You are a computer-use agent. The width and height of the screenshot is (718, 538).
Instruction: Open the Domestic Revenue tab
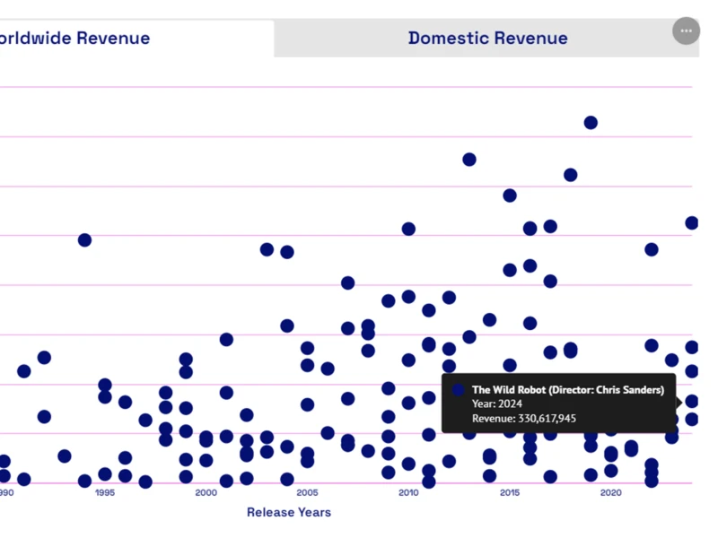click(487, 39)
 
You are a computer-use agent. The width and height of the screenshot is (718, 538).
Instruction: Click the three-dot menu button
click(686, 30)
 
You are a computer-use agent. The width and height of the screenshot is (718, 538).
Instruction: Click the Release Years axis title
click(289, 512)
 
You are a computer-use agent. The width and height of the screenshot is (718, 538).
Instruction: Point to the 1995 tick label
click(104, 492)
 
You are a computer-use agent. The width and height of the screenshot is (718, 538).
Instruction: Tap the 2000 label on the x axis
click(206, 492)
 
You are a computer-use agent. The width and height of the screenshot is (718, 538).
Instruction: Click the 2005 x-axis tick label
click(307, 492)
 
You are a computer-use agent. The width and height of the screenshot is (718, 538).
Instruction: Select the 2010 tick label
click(408, 492)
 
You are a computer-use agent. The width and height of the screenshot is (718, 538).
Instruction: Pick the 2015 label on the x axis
click(510, 492)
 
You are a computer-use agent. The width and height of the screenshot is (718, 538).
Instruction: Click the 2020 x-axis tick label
click(610, 492)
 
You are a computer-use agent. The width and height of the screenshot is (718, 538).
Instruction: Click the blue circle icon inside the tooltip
click(459, 390)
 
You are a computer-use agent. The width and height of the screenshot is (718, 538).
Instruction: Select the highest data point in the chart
click(591, 123)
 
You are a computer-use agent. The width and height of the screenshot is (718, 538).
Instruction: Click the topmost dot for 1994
click(84, 240)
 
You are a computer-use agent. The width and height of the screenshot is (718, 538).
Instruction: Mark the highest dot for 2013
click(469, 160)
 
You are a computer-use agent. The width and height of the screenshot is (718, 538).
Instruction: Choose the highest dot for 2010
click(408, 230)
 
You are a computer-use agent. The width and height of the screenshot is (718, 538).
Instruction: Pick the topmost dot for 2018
click(570, 175)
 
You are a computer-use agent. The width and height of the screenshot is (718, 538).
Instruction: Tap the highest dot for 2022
click(652, 249)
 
